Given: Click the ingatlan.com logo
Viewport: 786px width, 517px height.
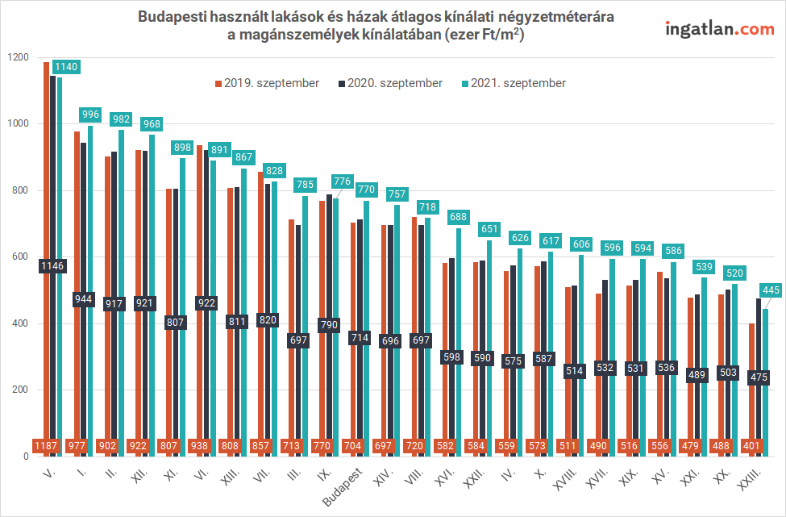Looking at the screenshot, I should (719, 29).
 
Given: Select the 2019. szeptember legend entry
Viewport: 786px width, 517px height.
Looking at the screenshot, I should (266, 83).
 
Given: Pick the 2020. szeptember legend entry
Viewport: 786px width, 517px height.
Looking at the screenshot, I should (390, 83).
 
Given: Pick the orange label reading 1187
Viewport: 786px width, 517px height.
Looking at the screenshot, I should (46, 445).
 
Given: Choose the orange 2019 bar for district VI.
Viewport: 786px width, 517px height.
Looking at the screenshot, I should (199, 282).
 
